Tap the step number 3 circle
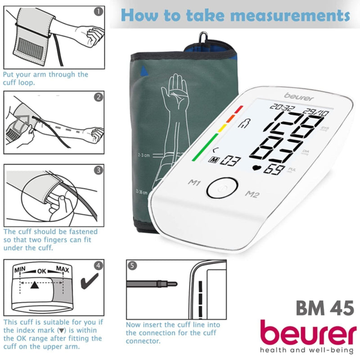(98, 170)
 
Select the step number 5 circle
(131, 265)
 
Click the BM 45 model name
(324, 308)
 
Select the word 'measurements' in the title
(290, 16)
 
